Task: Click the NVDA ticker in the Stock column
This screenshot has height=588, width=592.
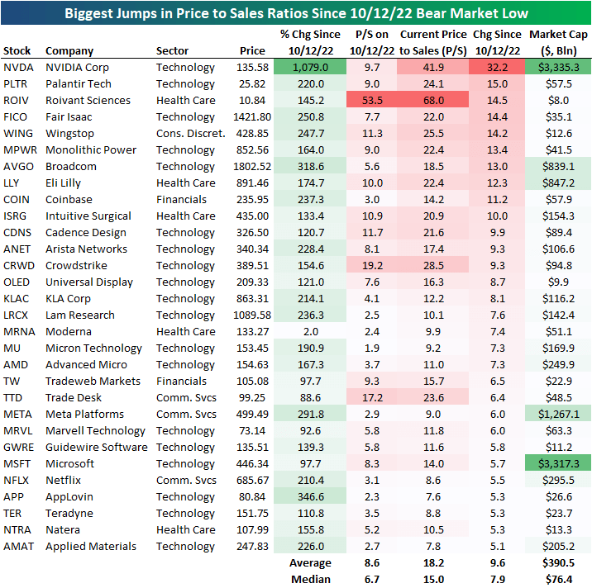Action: (x=19, y=67)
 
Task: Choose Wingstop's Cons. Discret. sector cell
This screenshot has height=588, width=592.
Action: (x=190, y=133)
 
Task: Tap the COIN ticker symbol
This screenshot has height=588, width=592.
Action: (x=17, y=199)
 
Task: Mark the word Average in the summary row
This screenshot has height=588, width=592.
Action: (x=311, y=562)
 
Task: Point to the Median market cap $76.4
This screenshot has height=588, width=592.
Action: (x=558, y=579)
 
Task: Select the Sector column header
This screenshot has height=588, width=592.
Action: (x=172, y=51)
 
